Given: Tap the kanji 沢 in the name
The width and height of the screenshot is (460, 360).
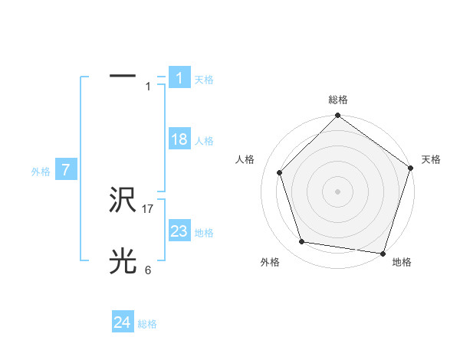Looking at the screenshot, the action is pyautogui.click(x=123, y=201).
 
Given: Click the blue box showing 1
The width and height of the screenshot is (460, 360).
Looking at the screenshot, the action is pyautogui.click(x=179, y=77).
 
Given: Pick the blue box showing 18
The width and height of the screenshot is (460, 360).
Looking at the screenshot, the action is pyautogui.click(x=179, y=139).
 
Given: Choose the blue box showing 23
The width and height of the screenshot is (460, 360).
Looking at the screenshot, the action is pyautogui.click(x=179, y=231).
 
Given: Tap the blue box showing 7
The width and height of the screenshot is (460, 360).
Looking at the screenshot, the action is pyautogui.click(x=66, y=171).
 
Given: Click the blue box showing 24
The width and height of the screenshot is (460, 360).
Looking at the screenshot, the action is pyautogui.click(x=123, y=322).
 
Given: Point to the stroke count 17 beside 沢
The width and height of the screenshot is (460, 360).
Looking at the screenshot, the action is pyautogui.click(x=148, y=208).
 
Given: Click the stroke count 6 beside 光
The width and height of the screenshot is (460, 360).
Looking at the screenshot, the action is pyautogui.click(x=148, y=270).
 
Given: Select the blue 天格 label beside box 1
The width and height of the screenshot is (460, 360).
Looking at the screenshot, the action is pyautogui.click(x=204, y=79).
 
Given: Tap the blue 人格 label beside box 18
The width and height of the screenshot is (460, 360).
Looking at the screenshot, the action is pyautogui.click(x=204, y=141).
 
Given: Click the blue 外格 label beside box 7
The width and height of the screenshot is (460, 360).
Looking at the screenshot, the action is pyautogui.click(x=41, y=172).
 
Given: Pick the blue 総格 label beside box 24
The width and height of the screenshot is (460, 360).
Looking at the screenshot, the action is pyautogui.click(x=147, y=324).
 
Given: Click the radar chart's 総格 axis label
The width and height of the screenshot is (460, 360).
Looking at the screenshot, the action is pyautogui.click(x=337, y=100).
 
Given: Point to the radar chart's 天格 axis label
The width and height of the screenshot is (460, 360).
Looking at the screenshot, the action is pyautogui.click(x=431, y=159).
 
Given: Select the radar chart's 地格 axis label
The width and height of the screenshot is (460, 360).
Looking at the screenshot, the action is pyautogui.click(x=402, y=262).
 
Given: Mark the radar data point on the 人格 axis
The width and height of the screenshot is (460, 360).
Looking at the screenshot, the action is pyautogui.click(x=279, y=172).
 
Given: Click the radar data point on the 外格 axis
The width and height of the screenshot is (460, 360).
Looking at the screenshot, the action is pyautogui.click(x=302, y=242).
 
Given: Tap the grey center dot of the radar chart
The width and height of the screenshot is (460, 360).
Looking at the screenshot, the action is pyautogui.click(x=337, y=191).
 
